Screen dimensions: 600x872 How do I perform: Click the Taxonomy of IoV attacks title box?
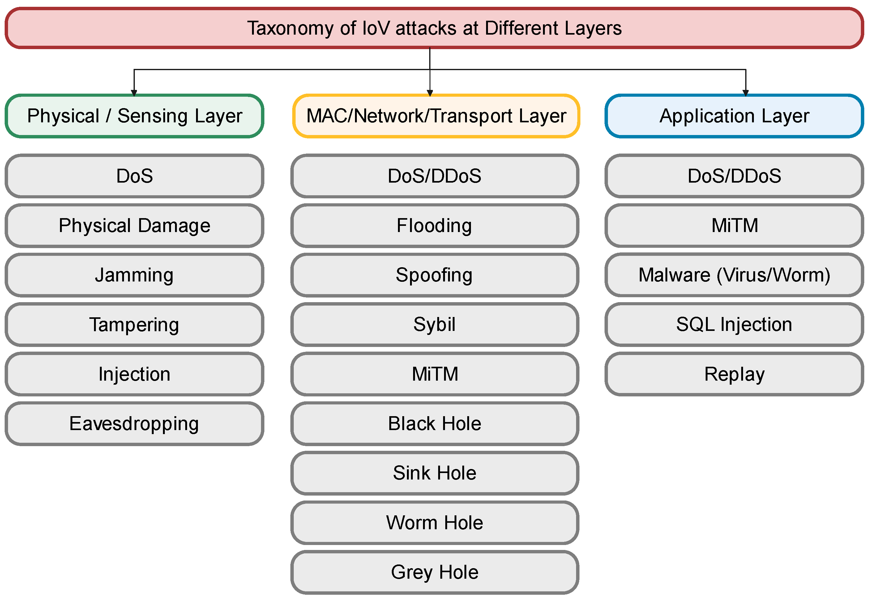(x=434, y=28)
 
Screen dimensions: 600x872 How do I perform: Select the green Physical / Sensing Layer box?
(x=134, y=116)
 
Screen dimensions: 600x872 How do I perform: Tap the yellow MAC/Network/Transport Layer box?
(x=436, y=116)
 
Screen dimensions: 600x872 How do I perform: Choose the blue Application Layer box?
(x=734, y=116)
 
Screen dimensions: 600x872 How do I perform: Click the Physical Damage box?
(x=134, y=226)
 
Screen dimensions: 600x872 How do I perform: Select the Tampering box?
(x=134, y=324)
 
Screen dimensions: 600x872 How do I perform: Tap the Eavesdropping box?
(x=134, y=424)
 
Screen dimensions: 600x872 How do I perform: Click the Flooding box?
(x=434, y=226)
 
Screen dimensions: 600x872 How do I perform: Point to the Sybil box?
(x=434, y=324)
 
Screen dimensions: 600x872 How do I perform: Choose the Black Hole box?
(x=434, y=424)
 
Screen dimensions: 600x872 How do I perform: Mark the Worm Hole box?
(x=434, y=522)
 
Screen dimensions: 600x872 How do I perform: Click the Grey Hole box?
(x=434, y=572)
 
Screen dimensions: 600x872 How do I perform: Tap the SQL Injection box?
(x=734, y=324)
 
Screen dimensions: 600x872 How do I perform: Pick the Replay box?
(x=734, y=374)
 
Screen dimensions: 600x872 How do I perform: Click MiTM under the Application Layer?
(x=734, y=226)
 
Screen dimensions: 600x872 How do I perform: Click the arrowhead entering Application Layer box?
(x=746, y=93)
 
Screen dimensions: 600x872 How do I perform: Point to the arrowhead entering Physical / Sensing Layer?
(x=134, y=93)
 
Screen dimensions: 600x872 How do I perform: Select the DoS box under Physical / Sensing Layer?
(x=134, y=176)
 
